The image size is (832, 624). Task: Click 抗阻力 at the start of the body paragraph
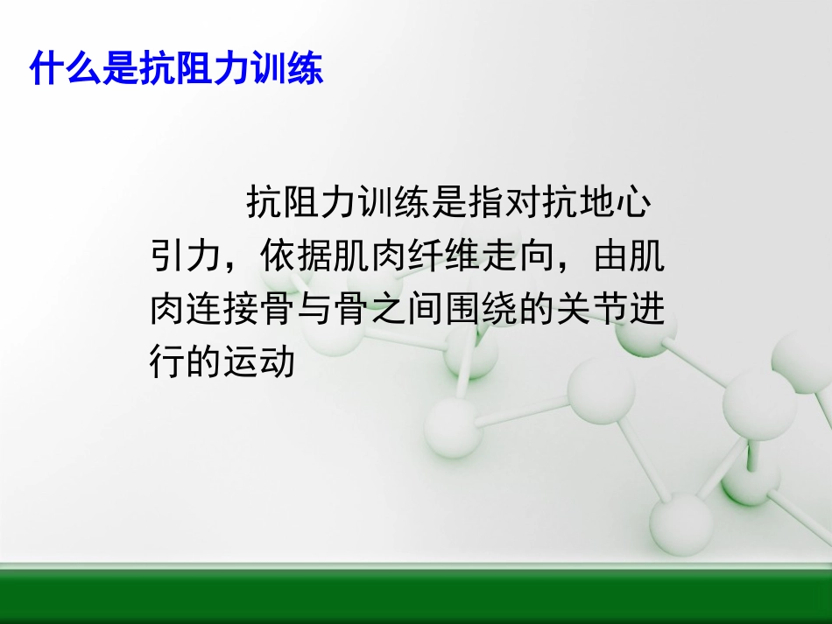[x=302, y=203]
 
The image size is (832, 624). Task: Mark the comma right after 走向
[x=566, y=265]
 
